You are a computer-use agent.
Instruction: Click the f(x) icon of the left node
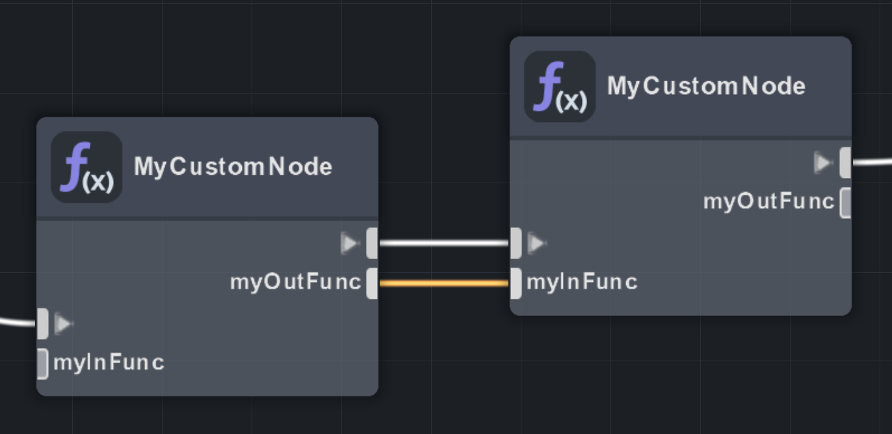[86, 167]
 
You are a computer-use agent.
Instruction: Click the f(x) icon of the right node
[560, 86]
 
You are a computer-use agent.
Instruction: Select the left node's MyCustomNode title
[233, 167]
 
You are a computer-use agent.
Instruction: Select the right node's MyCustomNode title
[706, 86]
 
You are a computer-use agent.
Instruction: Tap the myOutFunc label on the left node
[295, 282]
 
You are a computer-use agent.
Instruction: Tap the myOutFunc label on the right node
[768, 201]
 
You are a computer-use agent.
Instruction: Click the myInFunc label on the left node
[109, 362]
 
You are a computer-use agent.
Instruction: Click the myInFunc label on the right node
[582, 282]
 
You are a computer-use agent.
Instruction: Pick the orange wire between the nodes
[443, 283]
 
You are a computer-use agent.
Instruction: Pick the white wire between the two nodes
[443, 244]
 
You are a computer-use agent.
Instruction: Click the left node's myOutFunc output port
[372, 283]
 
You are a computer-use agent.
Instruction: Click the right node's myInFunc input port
[516, 283]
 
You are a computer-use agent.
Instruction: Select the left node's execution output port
[372, 244]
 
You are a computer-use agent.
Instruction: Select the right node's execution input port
[516, 244]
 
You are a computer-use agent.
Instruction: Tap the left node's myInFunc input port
[42, 363]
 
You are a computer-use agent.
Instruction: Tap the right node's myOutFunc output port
[845, 203]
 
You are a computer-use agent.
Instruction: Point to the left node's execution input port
[42, 324]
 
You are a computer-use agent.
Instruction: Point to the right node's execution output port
[845, 162]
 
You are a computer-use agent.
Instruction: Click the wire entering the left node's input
[16, 322]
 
